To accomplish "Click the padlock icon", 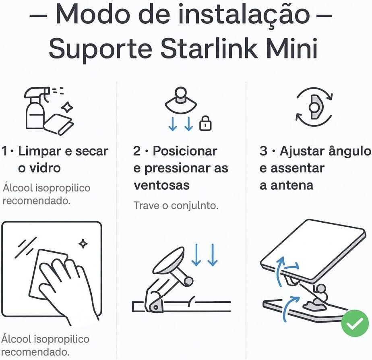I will point(206,123).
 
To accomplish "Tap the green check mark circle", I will point(355,323).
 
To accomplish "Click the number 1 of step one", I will point(5,151).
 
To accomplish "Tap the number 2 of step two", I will point(137,151).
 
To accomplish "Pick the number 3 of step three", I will point(264,151).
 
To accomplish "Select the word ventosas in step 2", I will point(161,185).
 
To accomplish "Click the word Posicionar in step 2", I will point(185,151).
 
